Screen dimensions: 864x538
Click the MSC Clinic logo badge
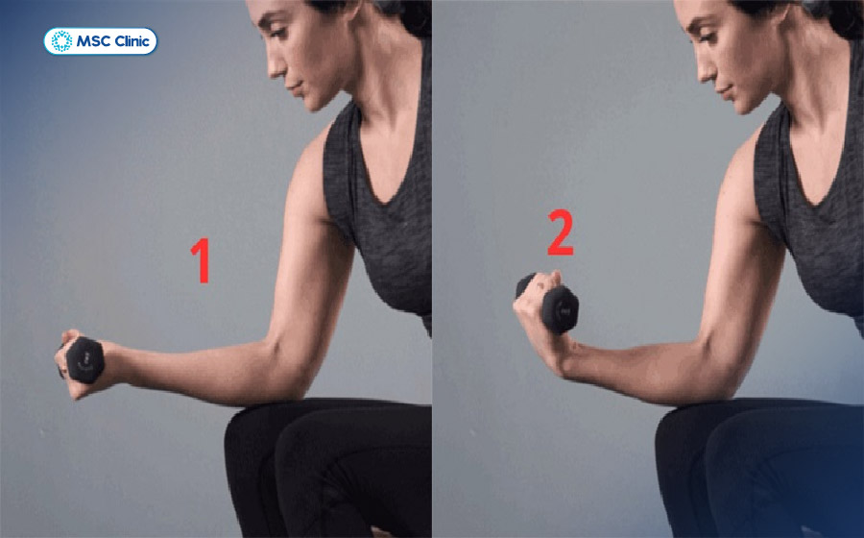click(x=100, y=41)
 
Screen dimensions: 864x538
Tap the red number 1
click(x=202, y=260)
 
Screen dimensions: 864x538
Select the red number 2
click(x=560, y=233)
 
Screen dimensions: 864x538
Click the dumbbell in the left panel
click(x=83, y=360)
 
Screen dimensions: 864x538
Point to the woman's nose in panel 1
click(x=275, y=67)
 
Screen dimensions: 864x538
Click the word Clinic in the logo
click(x=131, y=41)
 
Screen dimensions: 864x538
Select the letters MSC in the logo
click(x=92, y=41)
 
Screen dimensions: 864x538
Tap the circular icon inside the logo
click(x=61, y=41)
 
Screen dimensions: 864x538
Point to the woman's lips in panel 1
click(x=295, y=88)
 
